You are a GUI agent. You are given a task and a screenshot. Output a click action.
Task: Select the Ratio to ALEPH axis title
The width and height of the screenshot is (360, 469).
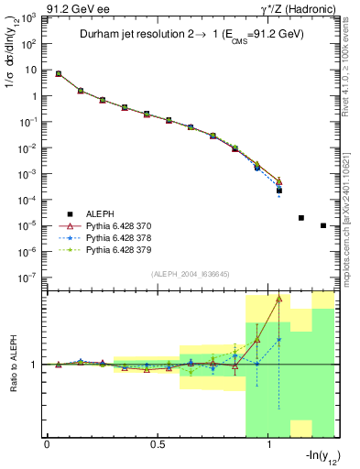point(15,364)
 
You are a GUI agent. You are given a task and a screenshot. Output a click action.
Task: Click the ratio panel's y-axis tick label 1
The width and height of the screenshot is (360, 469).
point(35,365)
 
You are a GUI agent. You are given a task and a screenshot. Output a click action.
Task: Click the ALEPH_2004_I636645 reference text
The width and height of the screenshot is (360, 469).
point(191,274)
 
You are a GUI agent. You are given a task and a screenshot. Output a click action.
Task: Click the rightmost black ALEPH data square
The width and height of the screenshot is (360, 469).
point(323,225)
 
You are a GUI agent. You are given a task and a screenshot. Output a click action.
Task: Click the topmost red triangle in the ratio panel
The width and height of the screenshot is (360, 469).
point(278,299)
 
